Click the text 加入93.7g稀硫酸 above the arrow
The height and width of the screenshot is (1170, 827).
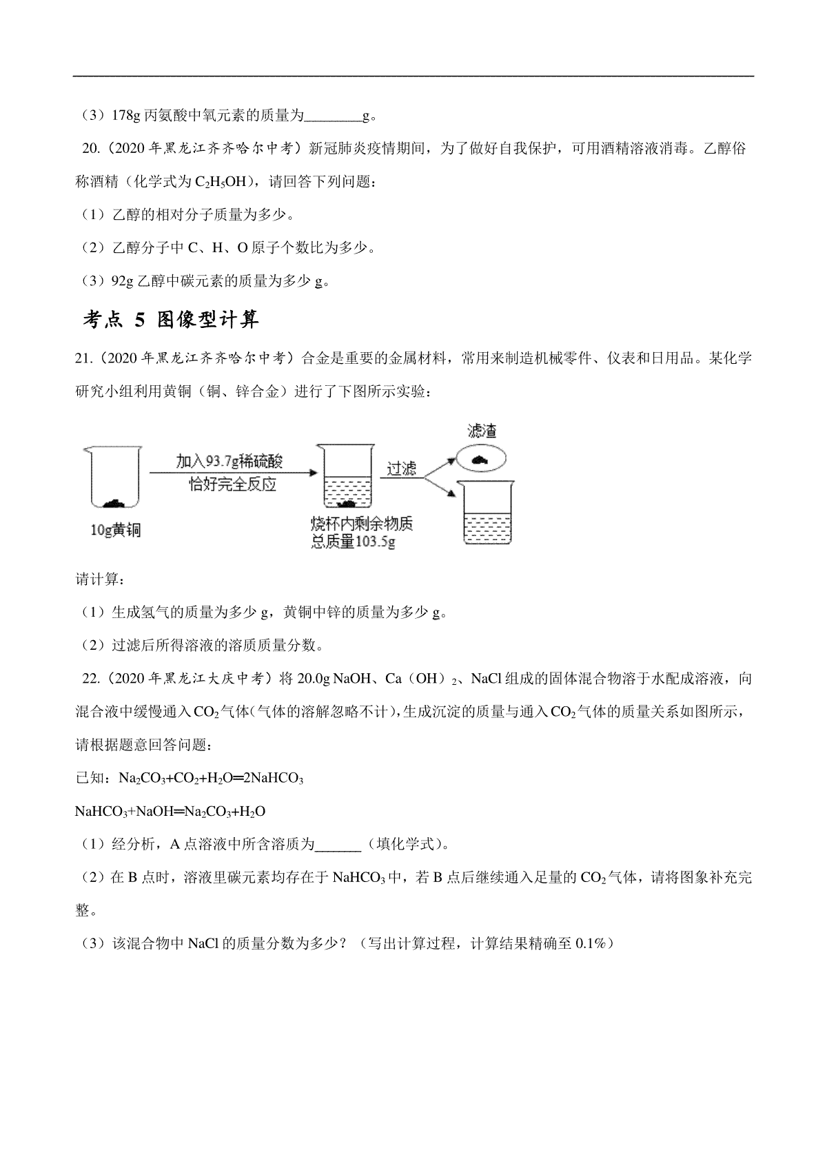click(229, 460)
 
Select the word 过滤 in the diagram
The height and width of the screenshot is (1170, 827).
click(401, 469)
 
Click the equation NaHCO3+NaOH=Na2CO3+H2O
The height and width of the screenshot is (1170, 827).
click(170, 811)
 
